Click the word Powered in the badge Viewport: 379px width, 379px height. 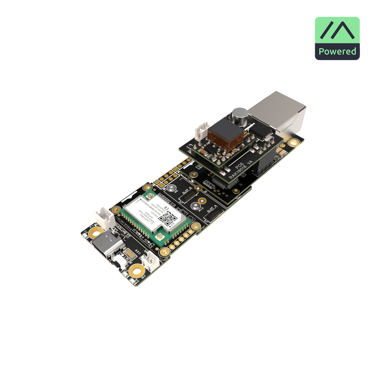[x=337, y=51]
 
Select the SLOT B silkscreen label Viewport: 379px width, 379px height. [x=187, y=191]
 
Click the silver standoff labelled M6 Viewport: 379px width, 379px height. [x=171, y=189]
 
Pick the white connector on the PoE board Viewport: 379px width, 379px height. [x=203, y=128]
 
